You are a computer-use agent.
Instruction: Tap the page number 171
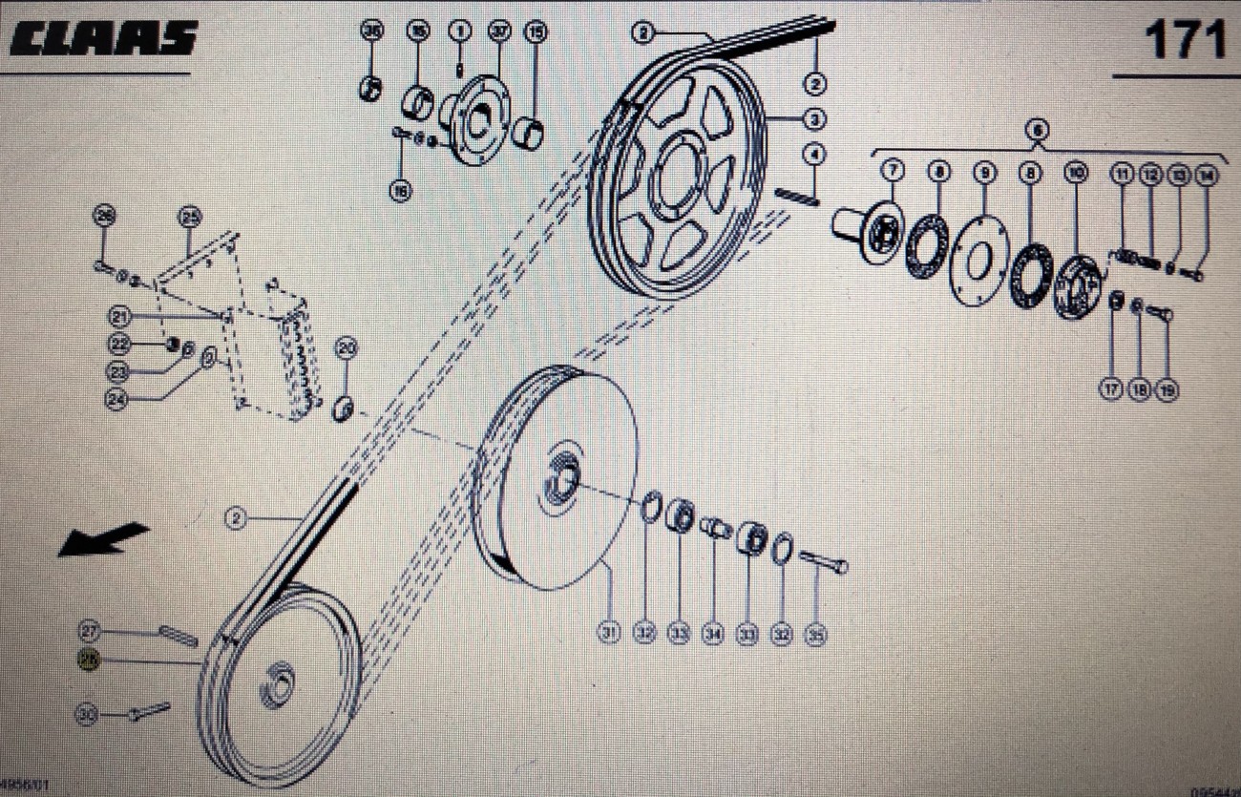[x=1184, y=40]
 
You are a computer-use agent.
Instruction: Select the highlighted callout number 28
[x=89, y=659]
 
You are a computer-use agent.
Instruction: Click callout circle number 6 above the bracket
[x=1038, y=128]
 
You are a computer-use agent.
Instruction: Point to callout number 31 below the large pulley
[x=608, y=633]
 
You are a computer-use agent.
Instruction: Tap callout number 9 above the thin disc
[x=985, y=173]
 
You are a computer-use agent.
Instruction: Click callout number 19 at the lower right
[x=1167, y=388]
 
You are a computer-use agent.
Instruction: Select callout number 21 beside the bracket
[x=119, y=316]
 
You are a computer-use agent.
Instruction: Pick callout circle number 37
[x=497, y=31]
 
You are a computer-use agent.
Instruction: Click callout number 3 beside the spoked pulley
[x=813, y=119]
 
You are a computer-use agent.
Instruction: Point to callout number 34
[x=713, y=633]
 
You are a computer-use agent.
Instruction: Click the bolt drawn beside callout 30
[x=149, y=711]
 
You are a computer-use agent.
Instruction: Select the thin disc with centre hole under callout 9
[x=979, y=258]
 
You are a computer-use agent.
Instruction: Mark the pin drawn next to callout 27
[x=179, y=633]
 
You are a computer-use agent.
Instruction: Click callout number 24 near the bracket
[x=117, y=402]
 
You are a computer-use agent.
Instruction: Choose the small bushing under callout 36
[x=369, y=90]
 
